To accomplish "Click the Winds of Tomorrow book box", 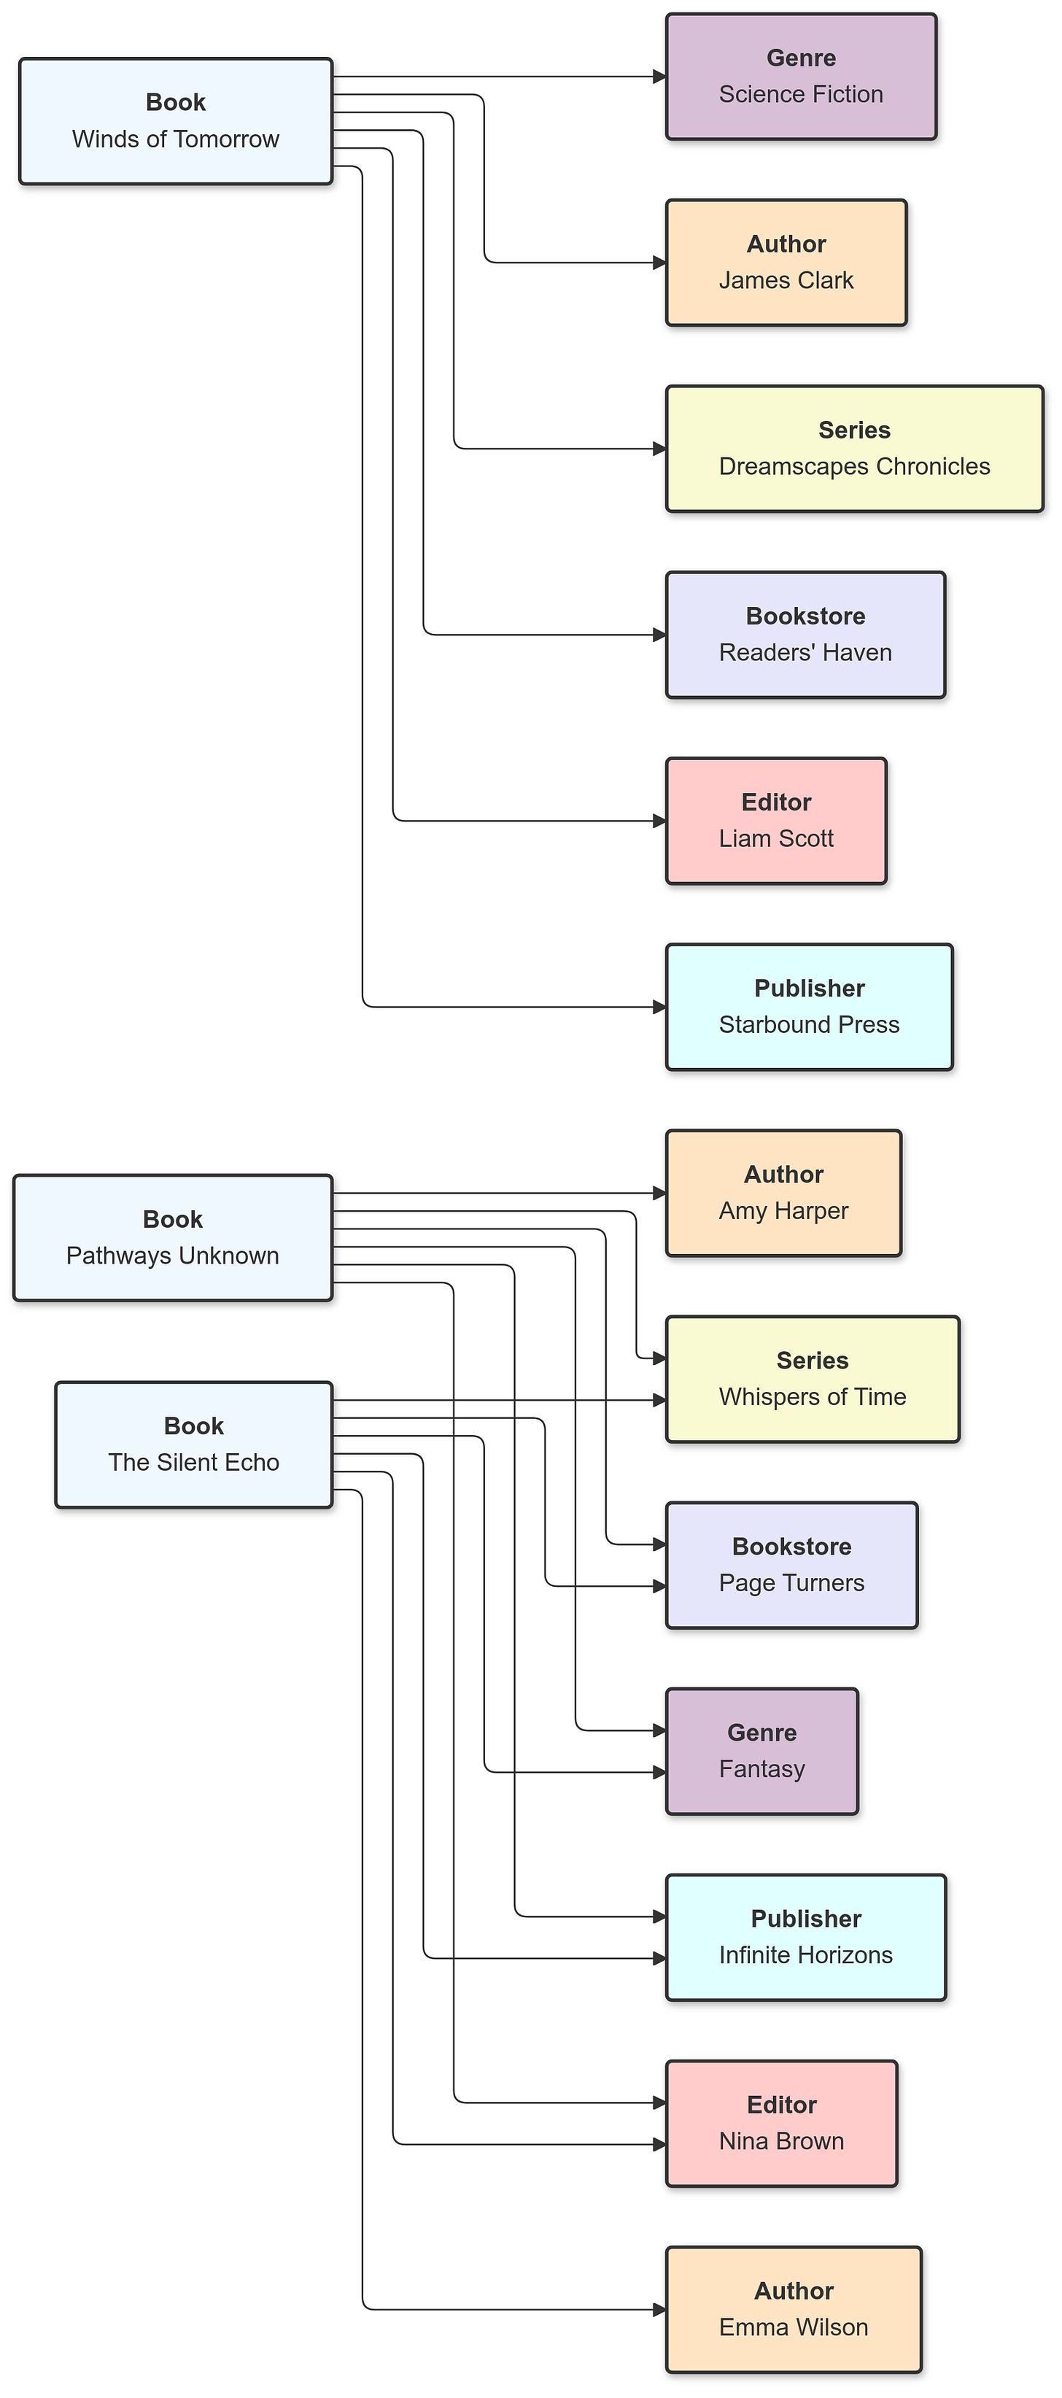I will tap(175, 121).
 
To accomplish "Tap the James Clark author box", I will tap(786, 263).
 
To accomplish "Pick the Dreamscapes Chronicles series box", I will tap(853, 449).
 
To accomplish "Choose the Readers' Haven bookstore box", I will tap(805, 635).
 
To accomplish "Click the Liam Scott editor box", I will tap(775, 821).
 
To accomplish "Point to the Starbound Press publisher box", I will tap(809, 1007).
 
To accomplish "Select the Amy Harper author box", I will tap(783, 1194).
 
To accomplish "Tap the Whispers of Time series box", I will tap(812, 1380).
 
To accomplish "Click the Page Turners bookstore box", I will tap(791, 1566).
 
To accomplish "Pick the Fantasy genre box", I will tap(761, 1752).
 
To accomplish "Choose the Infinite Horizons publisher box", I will tap(805, 1938).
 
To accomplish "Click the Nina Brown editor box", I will tap(781, 2124).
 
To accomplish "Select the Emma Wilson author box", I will tap(793, 2310).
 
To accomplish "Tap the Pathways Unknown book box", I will tap(172, 1238).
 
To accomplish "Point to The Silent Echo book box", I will tap(193, 1444).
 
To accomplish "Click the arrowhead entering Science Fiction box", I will tap(660, 77).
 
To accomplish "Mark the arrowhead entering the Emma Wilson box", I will tap(660, 2310).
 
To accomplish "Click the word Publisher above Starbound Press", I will tap(809, 989).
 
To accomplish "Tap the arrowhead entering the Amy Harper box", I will tap(660, 1193).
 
